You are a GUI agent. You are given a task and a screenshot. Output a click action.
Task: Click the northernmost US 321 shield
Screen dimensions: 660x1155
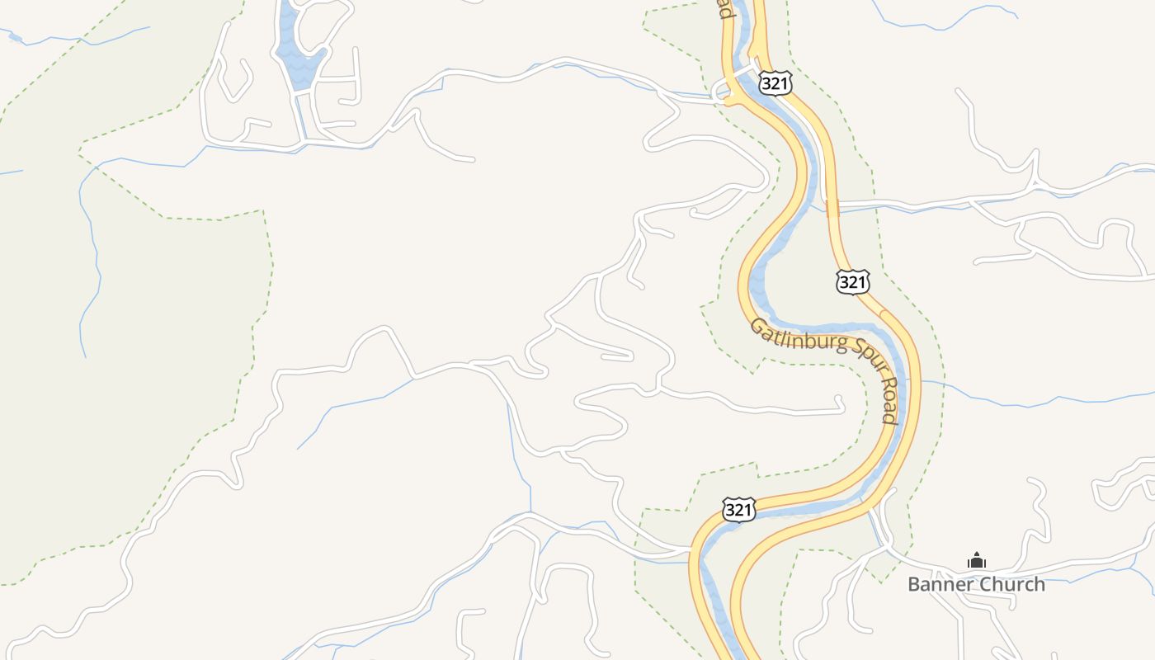point(775,82)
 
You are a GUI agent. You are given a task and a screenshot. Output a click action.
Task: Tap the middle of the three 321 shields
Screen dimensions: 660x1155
point(852,282)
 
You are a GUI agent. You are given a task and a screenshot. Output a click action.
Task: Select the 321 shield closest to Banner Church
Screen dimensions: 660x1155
point(738,510)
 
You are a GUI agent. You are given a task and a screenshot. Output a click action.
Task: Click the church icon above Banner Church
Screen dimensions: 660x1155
point(977,561)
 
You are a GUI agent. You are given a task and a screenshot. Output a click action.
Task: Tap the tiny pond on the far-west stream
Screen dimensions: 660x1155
point(15,36)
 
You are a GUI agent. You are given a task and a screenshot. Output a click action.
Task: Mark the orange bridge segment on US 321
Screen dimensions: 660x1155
point(832,207)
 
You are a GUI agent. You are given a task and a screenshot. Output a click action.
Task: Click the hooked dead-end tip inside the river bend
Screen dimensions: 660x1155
point(840,402)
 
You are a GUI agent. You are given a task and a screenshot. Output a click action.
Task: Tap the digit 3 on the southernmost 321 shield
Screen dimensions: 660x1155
point(731,510)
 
